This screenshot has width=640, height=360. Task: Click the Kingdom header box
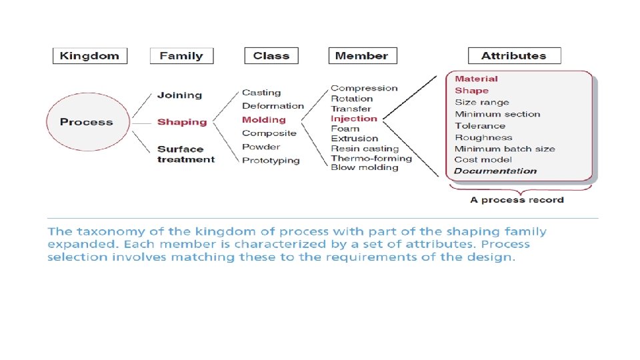89,56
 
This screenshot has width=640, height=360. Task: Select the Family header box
181,56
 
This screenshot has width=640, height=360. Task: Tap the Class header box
271,56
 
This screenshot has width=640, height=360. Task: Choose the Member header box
362,56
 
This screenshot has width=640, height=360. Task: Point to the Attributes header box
514,56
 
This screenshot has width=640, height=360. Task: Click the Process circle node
86,122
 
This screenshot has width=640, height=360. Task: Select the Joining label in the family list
179,95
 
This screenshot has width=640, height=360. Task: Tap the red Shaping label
182,122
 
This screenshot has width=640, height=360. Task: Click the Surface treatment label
186,154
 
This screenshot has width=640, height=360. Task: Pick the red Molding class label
263,120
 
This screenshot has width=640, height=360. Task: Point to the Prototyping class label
271,161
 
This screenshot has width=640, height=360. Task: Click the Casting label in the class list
261,93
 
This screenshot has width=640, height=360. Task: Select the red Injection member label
354,119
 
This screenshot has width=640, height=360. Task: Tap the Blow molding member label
364,167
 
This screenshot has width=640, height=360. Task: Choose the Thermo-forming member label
371,158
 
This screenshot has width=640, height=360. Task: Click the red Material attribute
476,79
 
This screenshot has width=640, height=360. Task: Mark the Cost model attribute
483,160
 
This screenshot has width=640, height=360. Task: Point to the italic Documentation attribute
495,171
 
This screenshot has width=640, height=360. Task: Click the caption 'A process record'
517,200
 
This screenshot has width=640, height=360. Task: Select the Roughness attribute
483,137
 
